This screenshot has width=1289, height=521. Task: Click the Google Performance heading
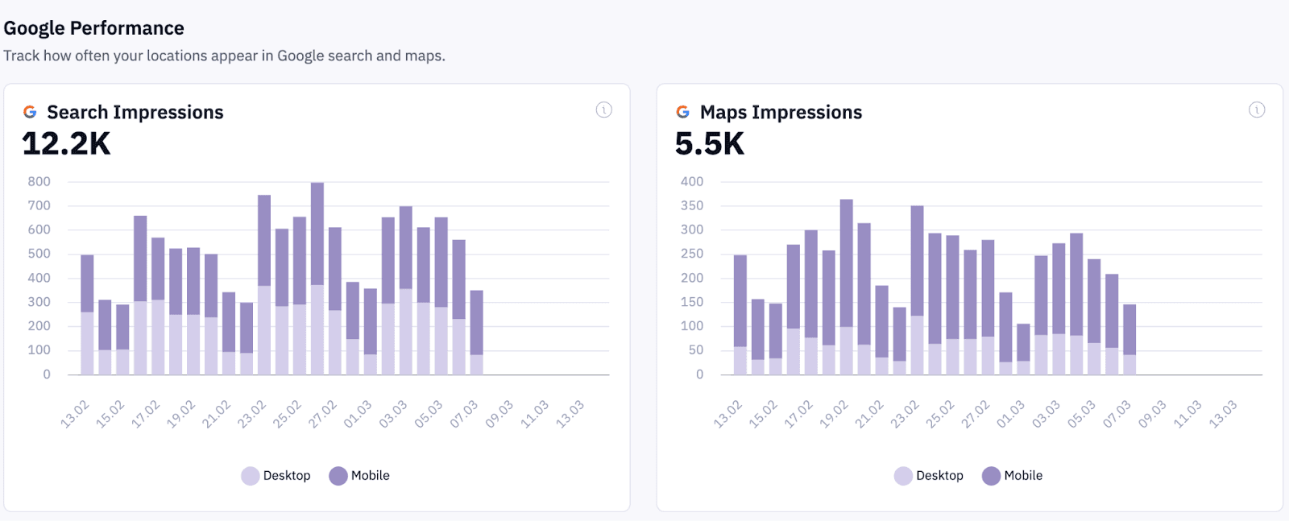93,28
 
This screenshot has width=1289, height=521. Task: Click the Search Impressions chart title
135,112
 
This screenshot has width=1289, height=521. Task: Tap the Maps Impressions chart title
781,112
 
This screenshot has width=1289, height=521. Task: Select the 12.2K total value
66,144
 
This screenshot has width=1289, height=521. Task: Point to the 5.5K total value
710,144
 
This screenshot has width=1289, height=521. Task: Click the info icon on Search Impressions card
603,110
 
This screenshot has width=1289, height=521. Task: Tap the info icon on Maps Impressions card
1256,110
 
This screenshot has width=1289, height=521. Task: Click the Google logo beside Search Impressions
30,112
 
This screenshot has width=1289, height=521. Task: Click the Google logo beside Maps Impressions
682,112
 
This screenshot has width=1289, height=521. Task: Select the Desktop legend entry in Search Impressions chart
276,476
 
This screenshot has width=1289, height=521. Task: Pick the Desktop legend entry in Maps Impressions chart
929,476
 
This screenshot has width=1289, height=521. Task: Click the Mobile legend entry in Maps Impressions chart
1013,476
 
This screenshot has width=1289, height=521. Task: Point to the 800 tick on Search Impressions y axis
39,182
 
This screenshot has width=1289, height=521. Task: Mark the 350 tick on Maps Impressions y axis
691,206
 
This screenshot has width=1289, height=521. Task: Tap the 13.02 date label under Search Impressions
75,414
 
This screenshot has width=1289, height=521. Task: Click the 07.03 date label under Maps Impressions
1117,414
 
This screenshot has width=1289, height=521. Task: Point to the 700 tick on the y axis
39,206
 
